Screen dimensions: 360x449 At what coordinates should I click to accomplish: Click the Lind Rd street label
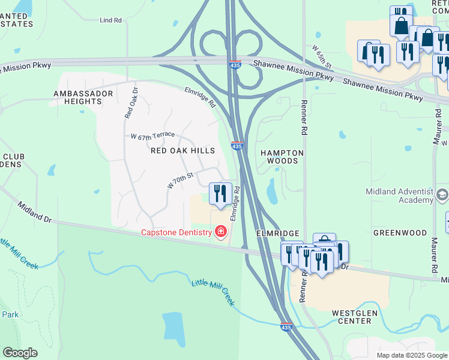tap(110, 20)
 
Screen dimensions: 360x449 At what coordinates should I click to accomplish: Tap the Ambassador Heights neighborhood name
tap(83, 98)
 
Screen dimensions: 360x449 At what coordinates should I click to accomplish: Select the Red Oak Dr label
tap(131, 103)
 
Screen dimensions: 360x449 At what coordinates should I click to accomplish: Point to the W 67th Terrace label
tap(152, 137)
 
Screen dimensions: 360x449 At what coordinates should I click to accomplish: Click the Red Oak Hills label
tap(182, 151)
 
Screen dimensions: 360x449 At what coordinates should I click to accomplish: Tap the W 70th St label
tap(179, 179)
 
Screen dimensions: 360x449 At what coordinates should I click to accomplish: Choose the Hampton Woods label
tap(282, 157)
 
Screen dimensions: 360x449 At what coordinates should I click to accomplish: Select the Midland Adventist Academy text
tap(399, 196)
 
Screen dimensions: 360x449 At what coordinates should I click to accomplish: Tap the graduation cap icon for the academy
tap(442, 194)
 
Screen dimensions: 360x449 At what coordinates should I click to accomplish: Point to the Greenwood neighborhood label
tap(400, 232)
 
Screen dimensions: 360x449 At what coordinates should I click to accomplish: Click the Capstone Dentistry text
tap(176, 232)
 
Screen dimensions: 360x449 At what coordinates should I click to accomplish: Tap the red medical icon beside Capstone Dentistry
tap(221, 232)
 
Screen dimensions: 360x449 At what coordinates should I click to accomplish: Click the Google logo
tap(20, 353)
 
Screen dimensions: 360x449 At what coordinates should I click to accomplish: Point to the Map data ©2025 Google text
tap(411, 355)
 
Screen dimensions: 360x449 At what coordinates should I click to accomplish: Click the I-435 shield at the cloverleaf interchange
tap(237, 64)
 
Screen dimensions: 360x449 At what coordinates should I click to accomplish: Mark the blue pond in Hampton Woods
tap(272, 190)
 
